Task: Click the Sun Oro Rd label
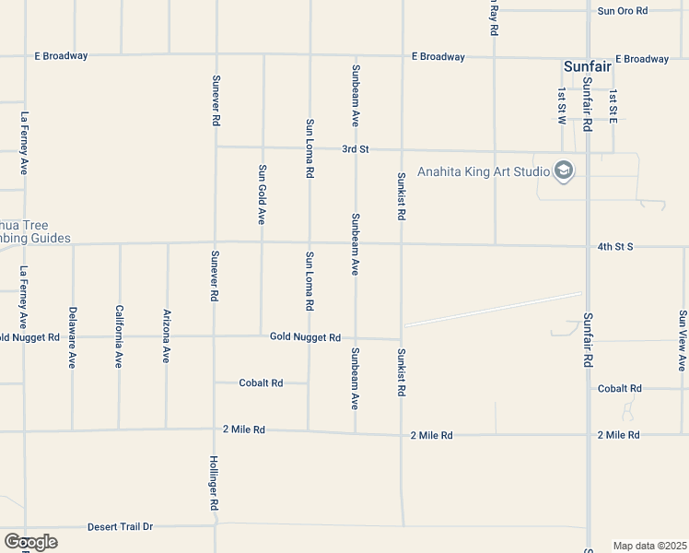(x=623, y=11)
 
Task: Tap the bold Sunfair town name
(x=590, y=67)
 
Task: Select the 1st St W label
(x=561, y=106)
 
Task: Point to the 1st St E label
(x=613, y=107)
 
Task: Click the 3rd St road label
(x=355, y=148)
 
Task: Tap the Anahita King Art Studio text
(x=482, y=171)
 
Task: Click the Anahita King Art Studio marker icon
(x=563, y=171)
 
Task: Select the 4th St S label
(x=616, y=247)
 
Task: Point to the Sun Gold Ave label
(x=262, y=194)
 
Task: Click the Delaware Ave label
(x=72, y=337)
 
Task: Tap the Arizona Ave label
(x=167, y=335)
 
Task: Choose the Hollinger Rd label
(x=214, y=483)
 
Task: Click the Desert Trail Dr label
(x=120, y=527)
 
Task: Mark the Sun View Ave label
(x=683, y=340)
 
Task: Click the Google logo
(x=30, y=542)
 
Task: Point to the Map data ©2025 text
(x=649, y=546)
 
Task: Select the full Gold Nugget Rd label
(x=305, y=337)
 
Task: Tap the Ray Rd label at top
(x=494, y=18)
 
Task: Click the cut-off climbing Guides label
(x=36, y=231)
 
